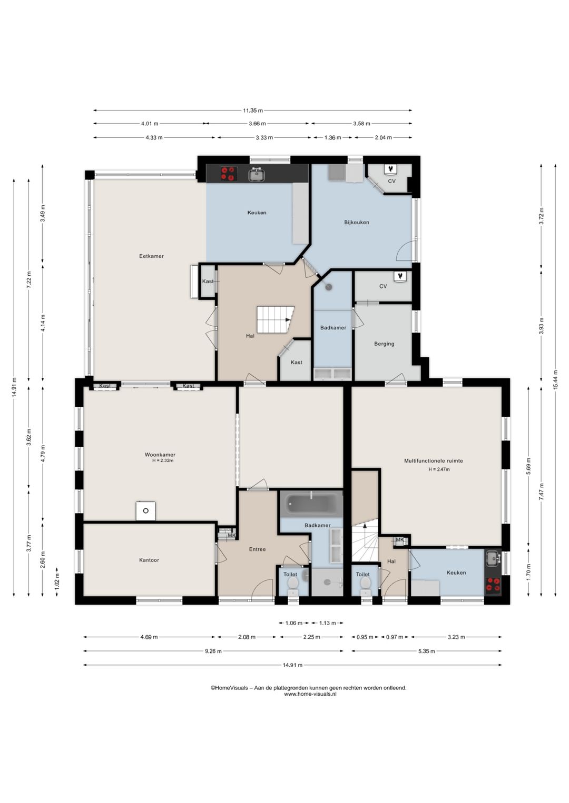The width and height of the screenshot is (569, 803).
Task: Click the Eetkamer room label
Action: point(151,256)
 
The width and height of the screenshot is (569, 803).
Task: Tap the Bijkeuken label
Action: point(356,222)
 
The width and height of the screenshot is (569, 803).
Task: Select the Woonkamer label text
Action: point(160,455)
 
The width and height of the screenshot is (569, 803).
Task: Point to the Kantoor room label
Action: point(149,560)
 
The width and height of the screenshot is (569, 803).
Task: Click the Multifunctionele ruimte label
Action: point(433,460)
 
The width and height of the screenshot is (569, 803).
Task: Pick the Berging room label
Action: point(384,344)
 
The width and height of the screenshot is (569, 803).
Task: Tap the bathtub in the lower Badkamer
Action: point(311,504)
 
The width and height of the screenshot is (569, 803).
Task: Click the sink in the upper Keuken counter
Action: point(257,174)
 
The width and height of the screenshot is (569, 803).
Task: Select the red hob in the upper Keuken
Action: point(228,174)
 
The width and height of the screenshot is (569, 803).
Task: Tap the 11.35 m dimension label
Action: point(252,111)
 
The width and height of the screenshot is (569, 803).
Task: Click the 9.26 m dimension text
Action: point(213,651)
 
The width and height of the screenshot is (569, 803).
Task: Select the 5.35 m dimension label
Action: point(426,651)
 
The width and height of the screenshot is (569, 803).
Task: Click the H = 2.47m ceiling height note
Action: point(439,469)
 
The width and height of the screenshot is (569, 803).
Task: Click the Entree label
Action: point(257,549)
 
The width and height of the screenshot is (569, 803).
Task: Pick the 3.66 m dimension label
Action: point(257,124)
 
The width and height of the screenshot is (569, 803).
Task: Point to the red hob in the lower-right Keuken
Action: point(493,585)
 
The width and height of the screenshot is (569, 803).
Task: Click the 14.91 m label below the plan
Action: point(292,665)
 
